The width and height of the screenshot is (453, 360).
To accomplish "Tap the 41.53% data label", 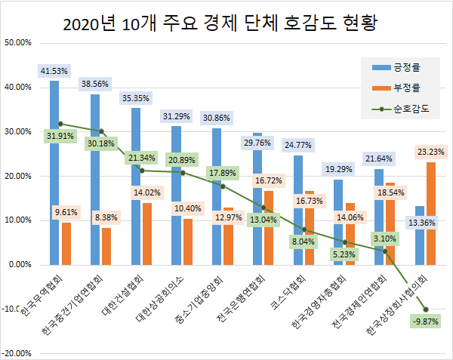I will (x=54, y=71).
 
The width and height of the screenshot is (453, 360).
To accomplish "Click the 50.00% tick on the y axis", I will (x=17, y=43).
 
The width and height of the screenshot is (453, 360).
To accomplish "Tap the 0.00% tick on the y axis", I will (x=20, y=265).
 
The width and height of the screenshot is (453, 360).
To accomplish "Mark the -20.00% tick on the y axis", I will (x=17, y=353).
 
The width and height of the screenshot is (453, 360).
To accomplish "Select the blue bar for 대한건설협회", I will (x=136, y=186).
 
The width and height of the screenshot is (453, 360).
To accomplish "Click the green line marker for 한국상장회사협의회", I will (x=427, y=309).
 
